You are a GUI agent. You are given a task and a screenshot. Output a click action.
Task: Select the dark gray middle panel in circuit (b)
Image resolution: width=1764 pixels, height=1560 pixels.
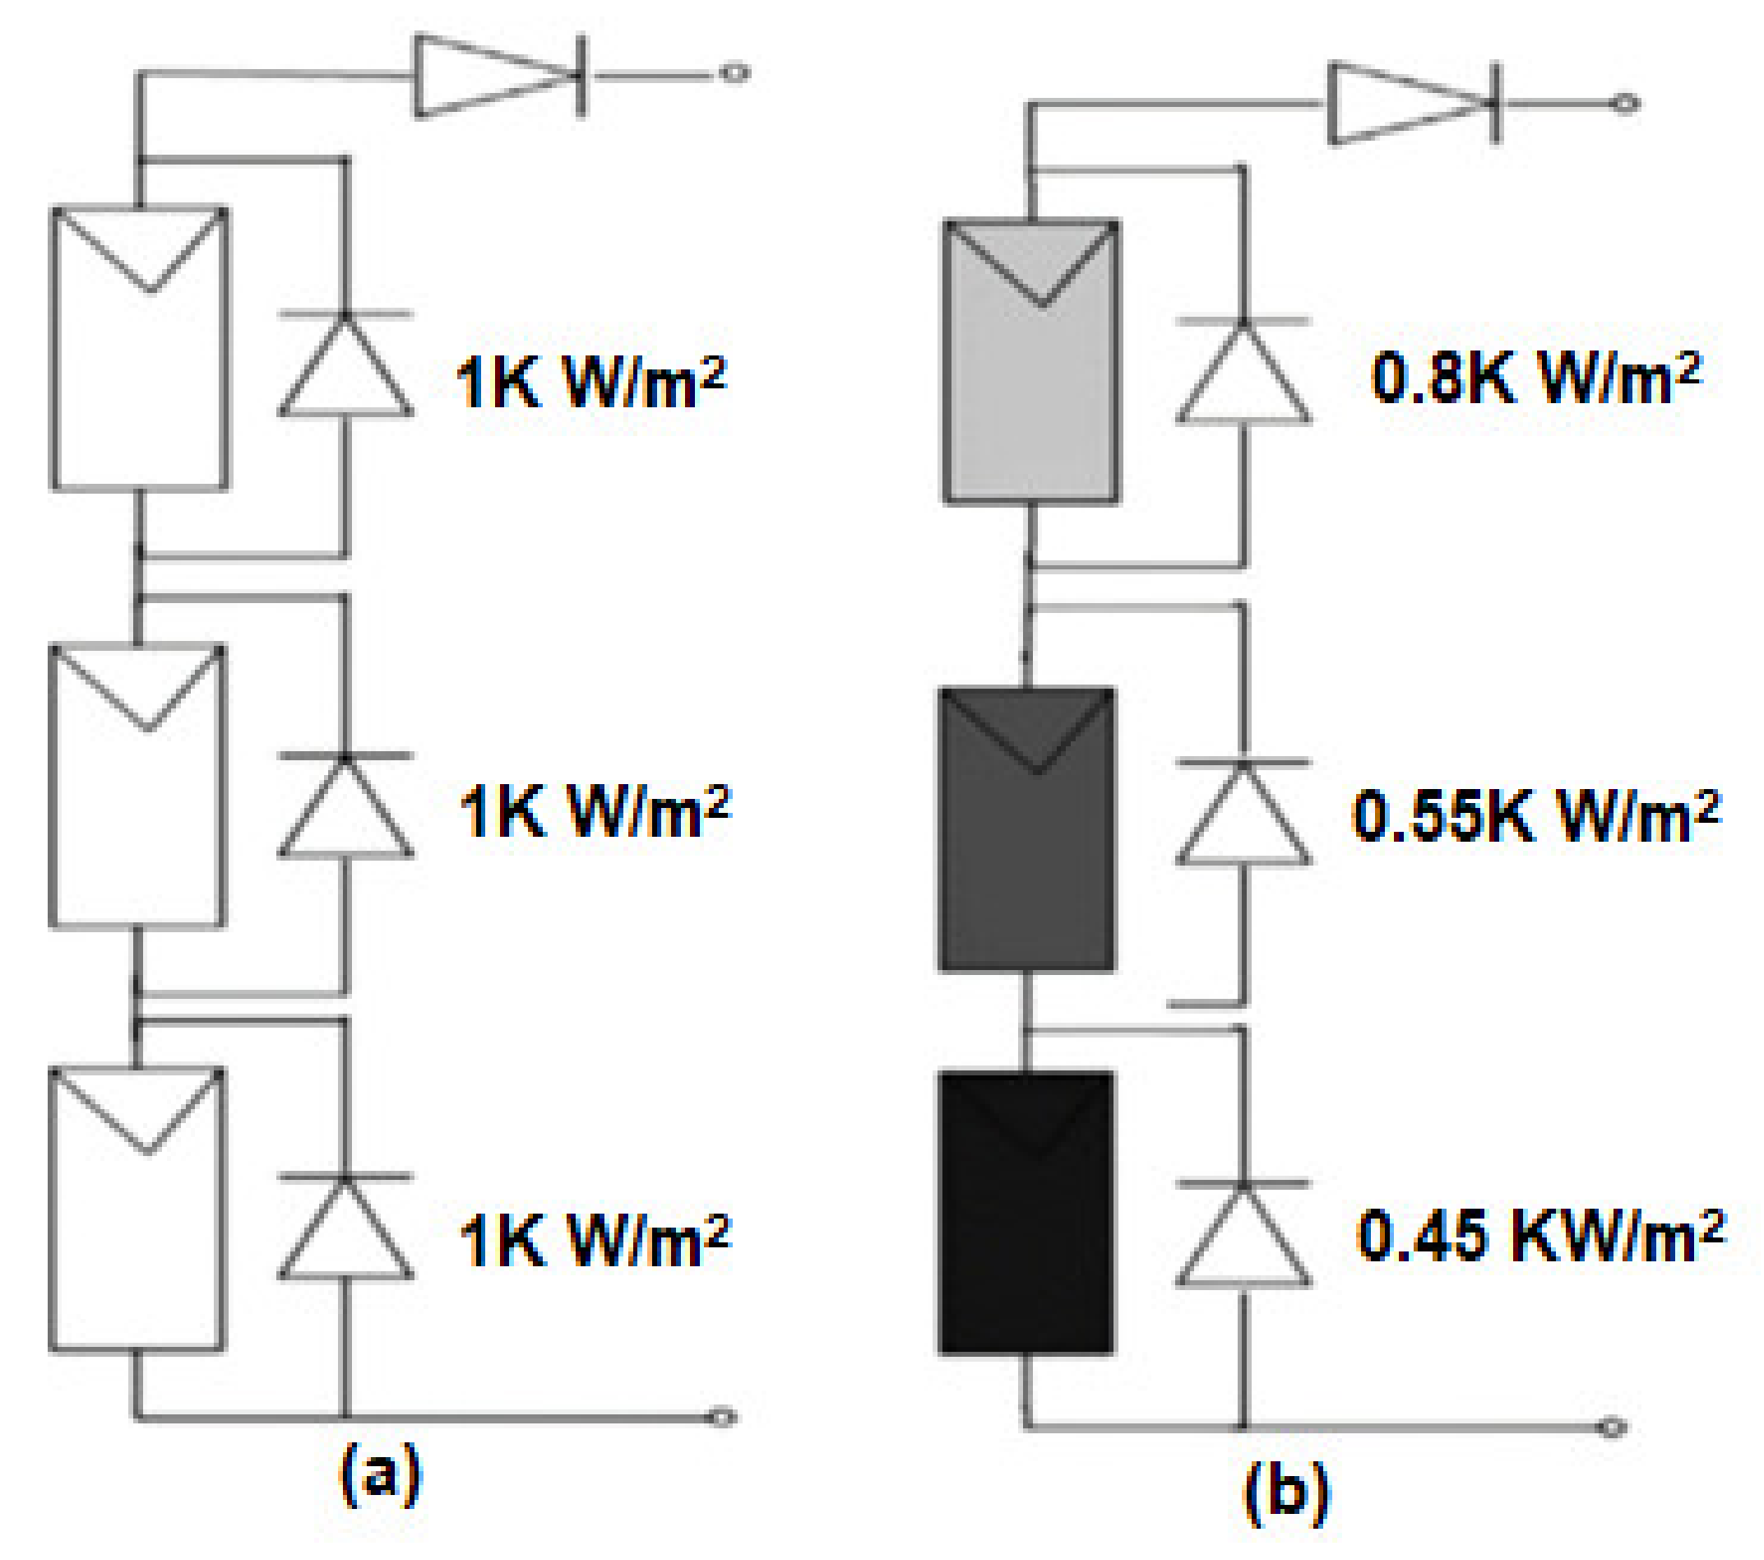click(1027, 829)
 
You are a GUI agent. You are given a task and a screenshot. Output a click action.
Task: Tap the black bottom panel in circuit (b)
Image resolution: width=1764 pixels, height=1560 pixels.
click(1026, 1213)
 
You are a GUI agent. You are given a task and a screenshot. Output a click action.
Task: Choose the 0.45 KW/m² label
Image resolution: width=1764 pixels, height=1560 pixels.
click(1540, 1234)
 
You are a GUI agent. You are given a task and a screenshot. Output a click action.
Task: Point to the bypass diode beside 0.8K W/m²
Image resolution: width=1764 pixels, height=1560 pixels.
click(1243, 371)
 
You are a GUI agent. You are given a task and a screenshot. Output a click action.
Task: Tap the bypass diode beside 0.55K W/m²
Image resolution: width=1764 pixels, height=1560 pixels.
click(1243, 811)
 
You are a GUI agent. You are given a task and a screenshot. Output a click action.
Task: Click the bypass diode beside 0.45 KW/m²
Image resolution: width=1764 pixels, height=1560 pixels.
click(1243, 1234)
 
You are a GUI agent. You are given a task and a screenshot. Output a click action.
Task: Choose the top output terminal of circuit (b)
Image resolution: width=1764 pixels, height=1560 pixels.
click(1627, 104)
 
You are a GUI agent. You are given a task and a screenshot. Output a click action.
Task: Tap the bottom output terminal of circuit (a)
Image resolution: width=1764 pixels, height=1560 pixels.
click(722, 1418)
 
